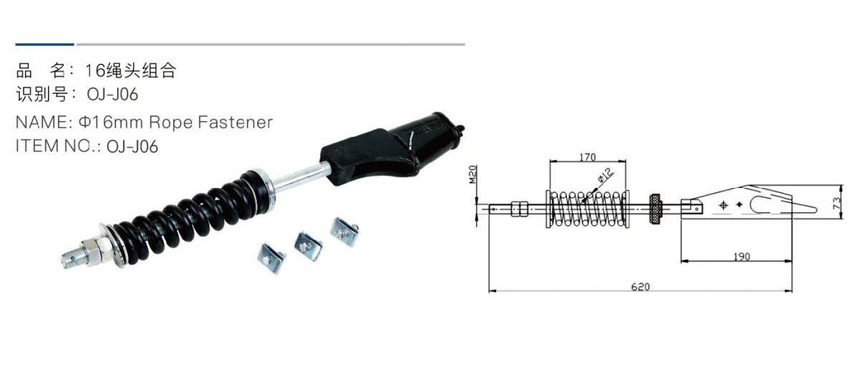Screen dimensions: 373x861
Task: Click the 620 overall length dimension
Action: pos(640,286)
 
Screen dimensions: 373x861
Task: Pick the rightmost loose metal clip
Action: pos(343,229)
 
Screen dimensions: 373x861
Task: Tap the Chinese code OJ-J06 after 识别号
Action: pos(113,95)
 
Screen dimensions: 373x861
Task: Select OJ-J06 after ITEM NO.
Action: pos(132,146)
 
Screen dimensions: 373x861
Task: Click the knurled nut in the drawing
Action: pos(654,208)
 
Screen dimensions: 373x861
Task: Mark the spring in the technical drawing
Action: pos(588,209)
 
